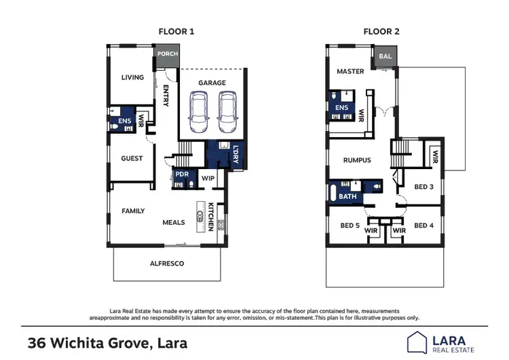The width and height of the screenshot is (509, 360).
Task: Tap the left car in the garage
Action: pyautogui.click(x=200, y=111)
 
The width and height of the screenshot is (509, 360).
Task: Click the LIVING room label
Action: pyautogui.click(x=132, y=77)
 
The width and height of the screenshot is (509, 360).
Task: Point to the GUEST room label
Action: pyautogui.click(x=132, y=158)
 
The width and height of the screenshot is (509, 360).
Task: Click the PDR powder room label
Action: pyautogui.click(x=181, y=174)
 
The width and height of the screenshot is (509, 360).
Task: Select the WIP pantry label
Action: pyautogui.click(x=208, y=178)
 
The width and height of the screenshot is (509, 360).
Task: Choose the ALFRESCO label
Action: pyautogui.click(x=166, y=263)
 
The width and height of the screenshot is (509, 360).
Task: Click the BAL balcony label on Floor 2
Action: pyautogui.click(x=385, y=56)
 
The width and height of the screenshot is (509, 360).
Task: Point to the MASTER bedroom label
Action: pyautogui.click(x=350, y=71)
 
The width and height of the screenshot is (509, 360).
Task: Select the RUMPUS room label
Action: pyautogui.click(x=357, y=160)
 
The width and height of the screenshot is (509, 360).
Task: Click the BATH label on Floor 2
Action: pyautogui.click(x=347, y=196)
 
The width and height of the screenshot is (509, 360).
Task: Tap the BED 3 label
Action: pyautogui.click(x=423, y=186)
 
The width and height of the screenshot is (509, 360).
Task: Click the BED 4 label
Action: pyautogui.click(x=423, y=225)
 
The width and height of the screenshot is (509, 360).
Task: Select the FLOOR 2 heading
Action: pyautogui.click(x=382, y=31)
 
